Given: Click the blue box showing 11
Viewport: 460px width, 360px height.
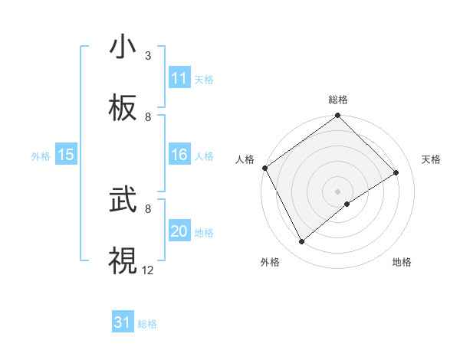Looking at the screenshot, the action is (x=179, y=78).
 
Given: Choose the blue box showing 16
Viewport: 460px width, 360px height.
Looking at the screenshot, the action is (x=179, y=155).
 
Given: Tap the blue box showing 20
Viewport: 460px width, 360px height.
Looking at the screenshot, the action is (x=179, y=231).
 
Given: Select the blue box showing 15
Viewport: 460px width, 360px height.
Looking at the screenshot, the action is (x=66, y=155).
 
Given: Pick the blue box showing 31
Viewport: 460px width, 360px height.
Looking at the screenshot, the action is (x=123, y=322).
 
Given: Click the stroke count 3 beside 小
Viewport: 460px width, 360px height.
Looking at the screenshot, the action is (x=148, y=56).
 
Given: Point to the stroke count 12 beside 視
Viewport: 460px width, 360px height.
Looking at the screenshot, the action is (x=148, y=269).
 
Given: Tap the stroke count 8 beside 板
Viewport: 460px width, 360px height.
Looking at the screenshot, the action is (x=148, y=116).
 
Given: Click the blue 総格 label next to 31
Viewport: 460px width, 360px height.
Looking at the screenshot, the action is (x=147, y=324).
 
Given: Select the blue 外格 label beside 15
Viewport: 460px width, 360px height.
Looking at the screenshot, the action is (x=41, y=156).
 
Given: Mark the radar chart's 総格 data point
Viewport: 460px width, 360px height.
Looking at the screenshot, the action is (x=337, y=116).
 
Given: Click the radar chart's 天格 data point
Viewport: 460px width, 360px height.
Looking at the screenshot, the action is (x=396, y=173).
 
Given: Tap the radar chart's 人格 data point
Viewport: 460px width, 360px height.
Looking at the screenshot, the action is (x=264, y=168).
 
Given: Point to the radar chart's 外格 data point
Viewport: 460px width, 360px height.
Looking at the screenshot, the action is (x=302, y=242).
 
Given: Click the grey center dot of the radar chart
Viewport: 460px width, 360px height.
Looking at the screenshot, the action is (x=337, y=191).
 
